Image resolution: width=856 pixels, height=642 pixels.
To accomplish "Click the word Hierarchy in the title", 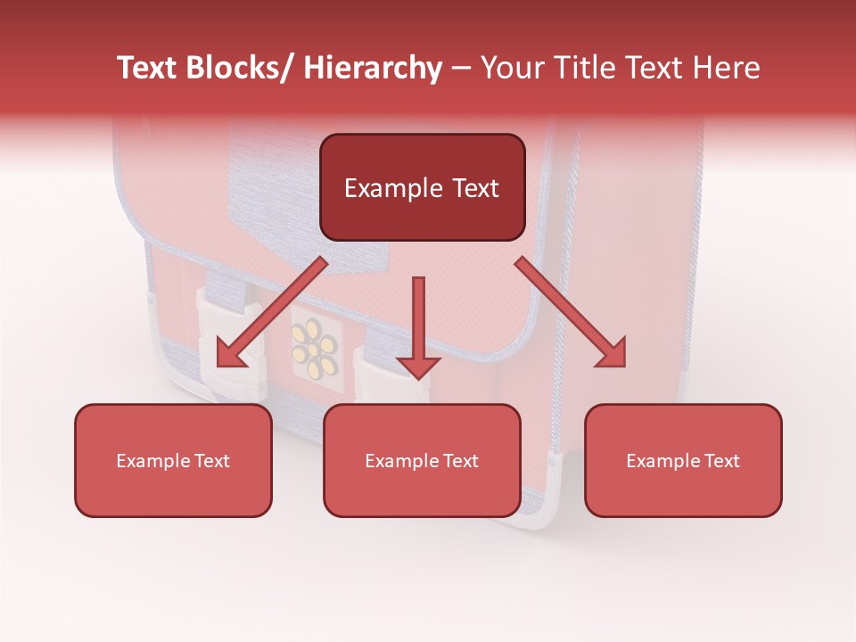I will point(373,69).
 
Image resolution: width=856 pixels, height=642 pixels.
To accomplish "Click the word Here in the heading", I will point(726,69).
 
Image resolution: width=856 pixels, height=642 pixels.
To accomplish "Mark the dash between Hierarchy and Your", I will point(461,69).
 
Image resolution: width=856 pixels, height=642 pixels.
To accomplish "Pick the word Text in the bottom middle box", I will point(459,461).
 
